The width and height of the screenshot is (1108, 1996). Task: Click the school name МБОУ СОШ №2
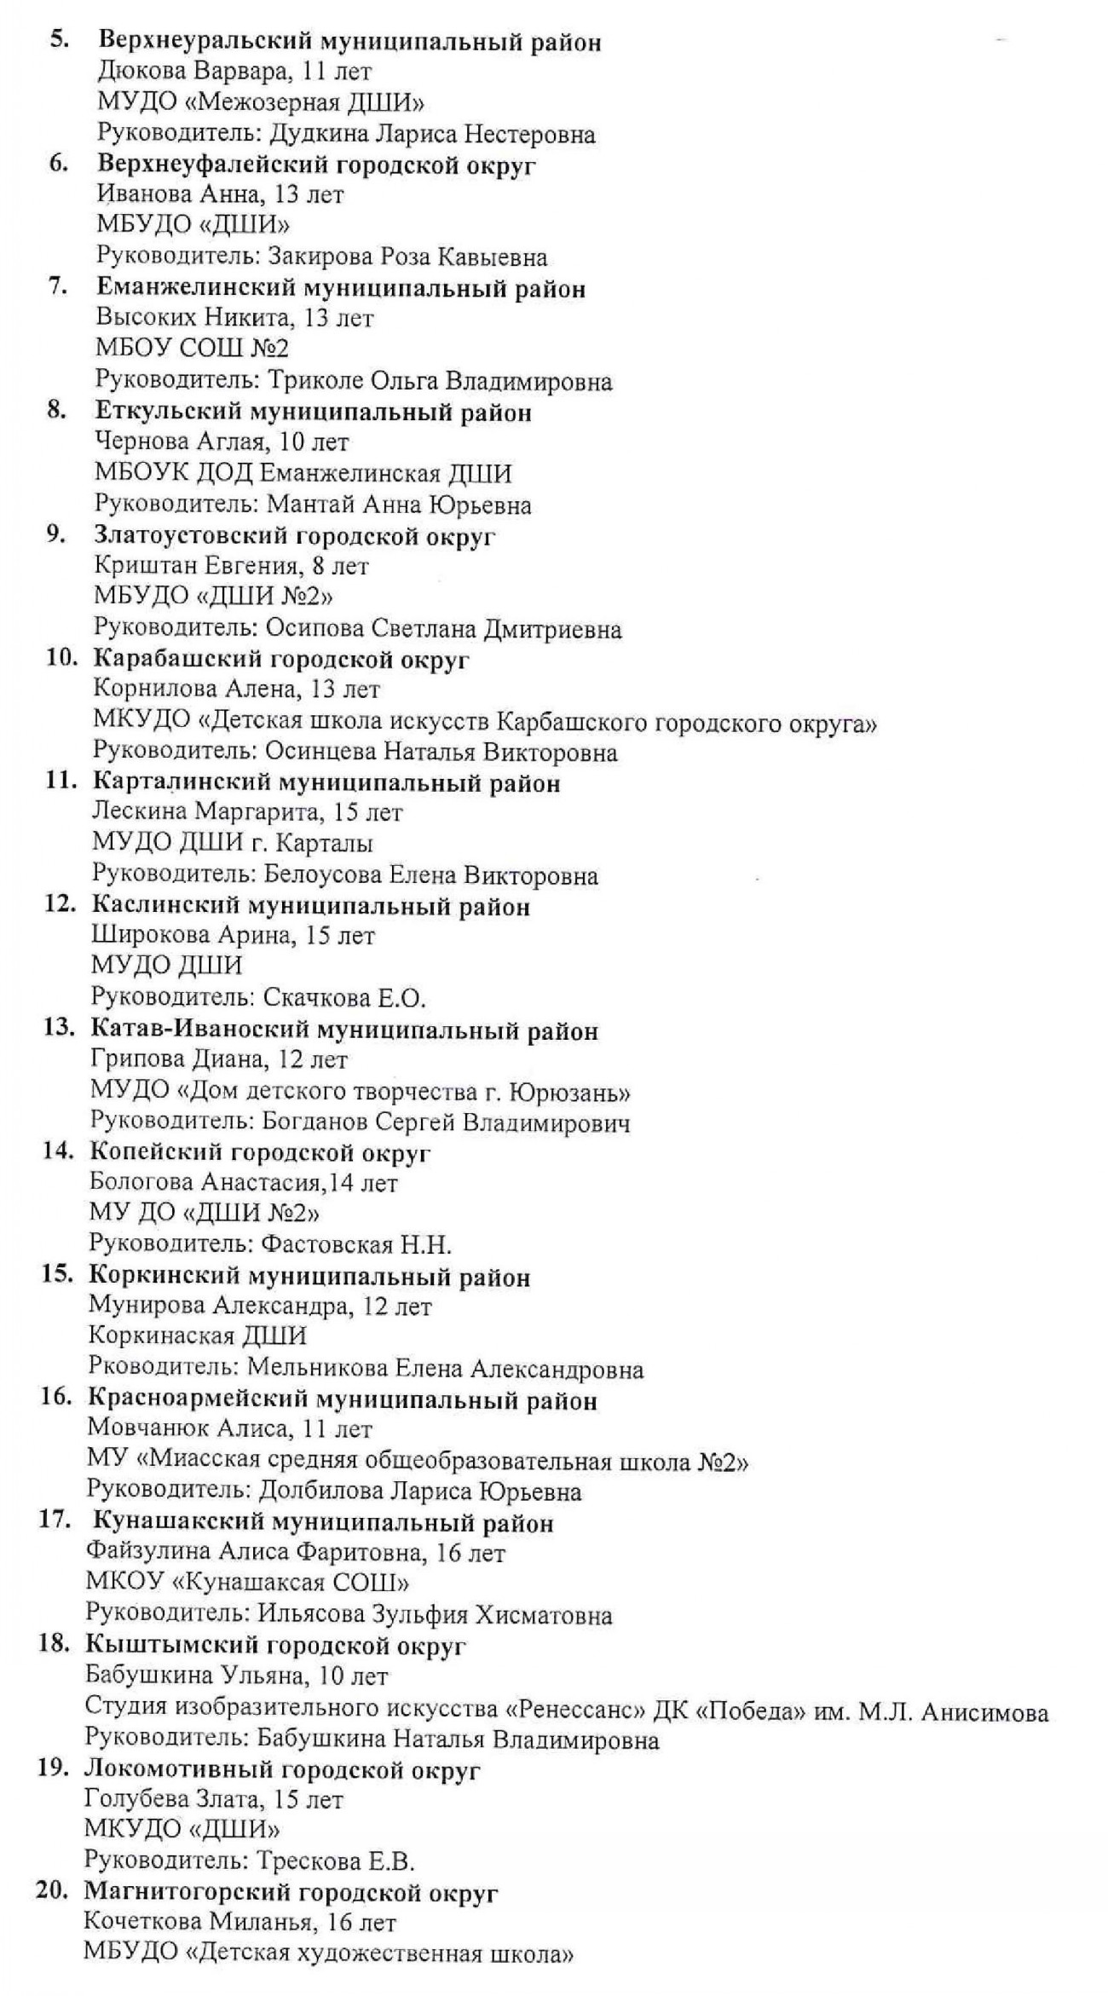tap(193, 348)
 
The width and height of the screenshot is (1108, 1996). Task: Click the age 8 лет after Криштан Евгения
tap(341, 566)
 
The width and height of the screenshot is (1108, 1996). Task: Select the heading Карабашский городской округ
tap(281, 660)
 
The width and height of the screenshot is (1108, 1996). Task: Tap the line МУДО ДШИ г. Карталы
tap(232, 843)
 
